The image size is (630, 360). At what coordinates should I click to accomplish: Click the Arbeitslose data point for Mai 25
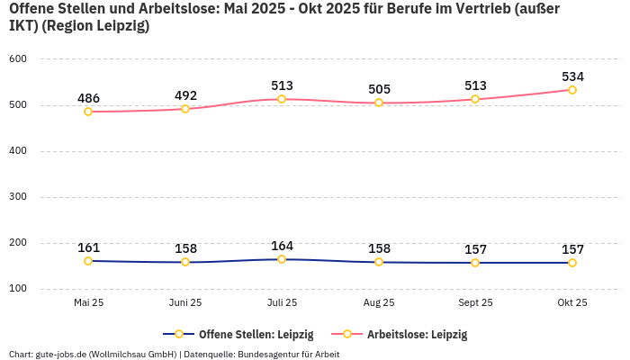tap(88, 112)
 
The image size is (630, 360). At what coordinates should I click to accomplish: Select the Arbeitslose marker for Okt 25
tap(572, 90)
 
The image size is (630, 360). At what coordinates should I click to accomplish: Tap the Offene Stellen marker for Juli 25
tap(282, 259)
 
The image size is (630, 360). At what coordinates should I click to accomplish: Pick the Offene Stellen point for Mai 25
tap(88, 261)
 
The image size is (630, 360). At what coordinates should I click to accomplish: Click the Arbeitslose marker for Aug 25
tap(379, 103)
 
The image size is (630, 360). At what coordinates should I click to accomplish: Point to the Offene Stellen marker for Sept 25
tap(475, 263)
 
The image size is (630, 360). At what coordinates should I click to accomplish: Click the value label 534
tap(572, 76)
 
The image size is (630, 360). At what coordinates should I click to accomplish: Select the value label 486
tap(88, 98)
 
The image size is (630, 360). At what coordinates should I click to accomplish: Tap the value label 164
tap(282, 246)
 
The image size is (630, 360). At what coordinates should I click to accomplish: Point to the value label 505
tap(379, 89)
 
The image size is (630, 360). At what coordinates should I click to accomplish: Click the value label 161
tap(88, 247)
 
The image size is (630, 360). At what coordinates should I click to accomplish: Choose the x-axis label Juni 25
tap(185, 303)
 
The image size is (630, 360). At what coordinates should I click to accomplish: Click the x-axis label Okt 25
tap(572, 303)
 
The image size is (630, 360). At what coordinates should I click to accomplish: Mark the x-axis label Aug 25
tap(379, 303)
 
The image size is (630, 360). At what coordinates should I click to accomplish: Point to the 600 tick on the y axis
tap(18, 59)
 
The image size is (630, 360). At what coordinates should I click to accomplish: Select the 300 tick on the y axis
tap(18, 197)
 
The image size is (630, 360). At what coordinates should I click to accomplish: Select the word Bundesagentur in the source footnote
tap(270, 354)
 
